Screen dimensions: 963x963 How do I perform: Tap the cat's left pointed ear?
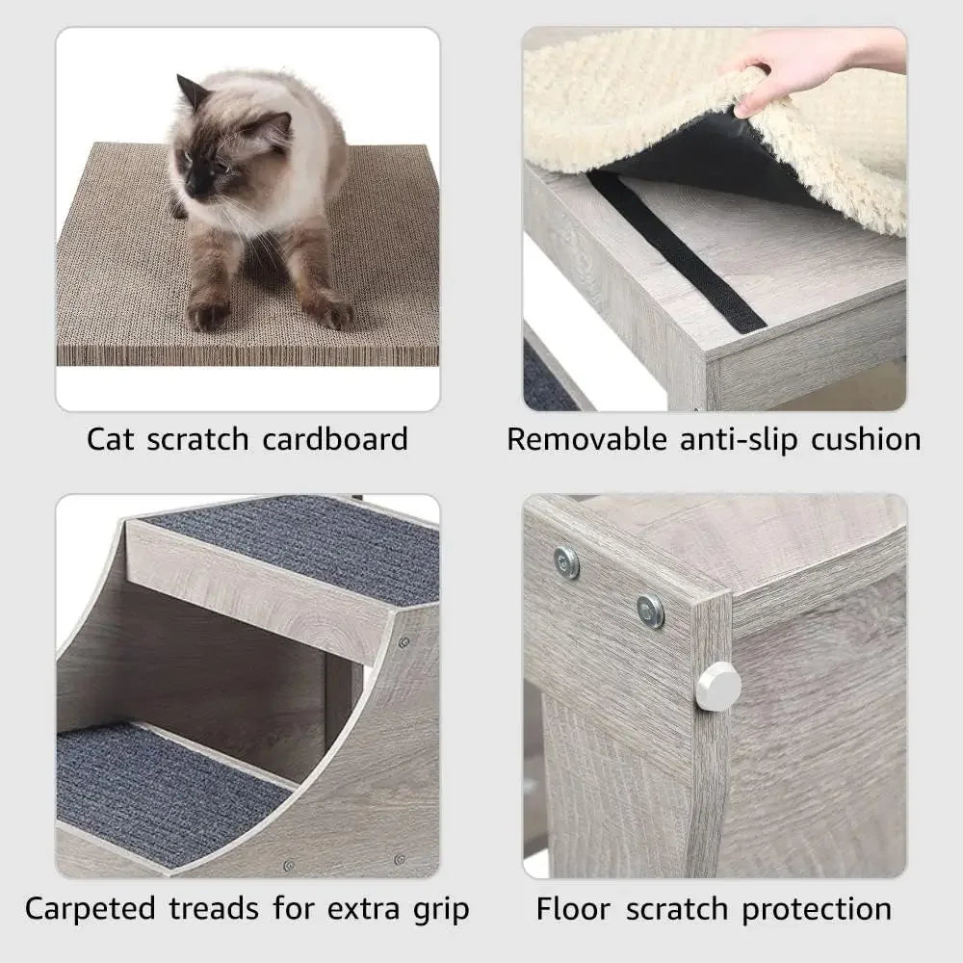pos(192,92)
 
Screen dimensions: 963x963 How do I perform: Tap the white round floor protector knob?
pos(718,686)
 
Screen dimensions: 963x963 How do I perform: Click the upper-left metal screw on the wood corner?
pos(567,562)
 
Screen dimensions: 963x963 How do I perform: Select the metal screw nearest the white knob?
pos(651,610)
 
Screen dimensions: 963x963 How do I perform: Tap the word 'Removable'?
pos(587,439)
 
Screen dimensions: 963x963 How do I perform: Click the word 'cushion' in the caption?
pos(866,439)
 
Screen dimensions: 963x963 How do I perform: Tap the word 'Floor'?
pos(576,908)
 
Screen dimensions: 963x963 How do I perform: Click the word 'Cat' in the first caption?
pos(110,439)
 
